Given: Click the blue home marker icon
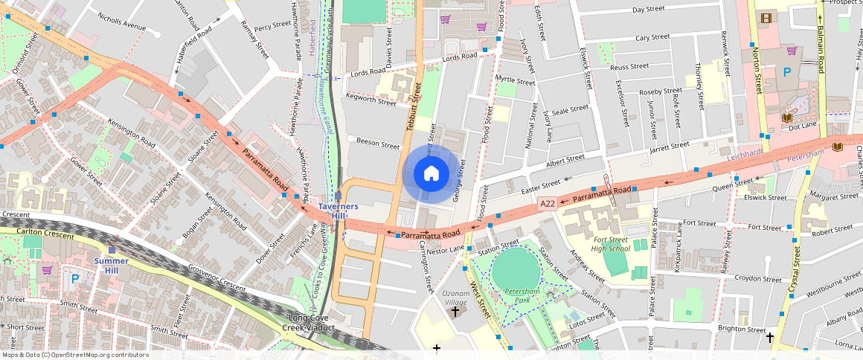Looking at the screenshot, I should tap(431, 174).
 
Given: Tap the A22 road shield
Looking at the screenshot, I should tap(548, 203).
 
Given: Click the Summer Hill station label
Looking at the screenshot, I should tap(111, 261).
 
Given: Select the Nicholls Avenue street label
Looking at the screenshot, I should tap(122, 25).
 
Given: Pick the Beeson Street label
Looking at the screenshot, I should tap(379, 144).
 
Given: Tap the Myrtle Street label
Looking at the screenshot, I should tap(515, 80).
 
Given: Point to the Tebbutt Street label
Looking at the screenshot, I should tap(413, 108).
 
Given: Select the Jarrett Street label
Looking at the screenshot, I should tap(670, 147).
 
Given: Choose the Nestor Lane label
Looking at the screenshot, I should tap(446, 248).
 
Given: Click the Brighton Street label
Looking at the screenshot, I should tap(740, 330).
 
